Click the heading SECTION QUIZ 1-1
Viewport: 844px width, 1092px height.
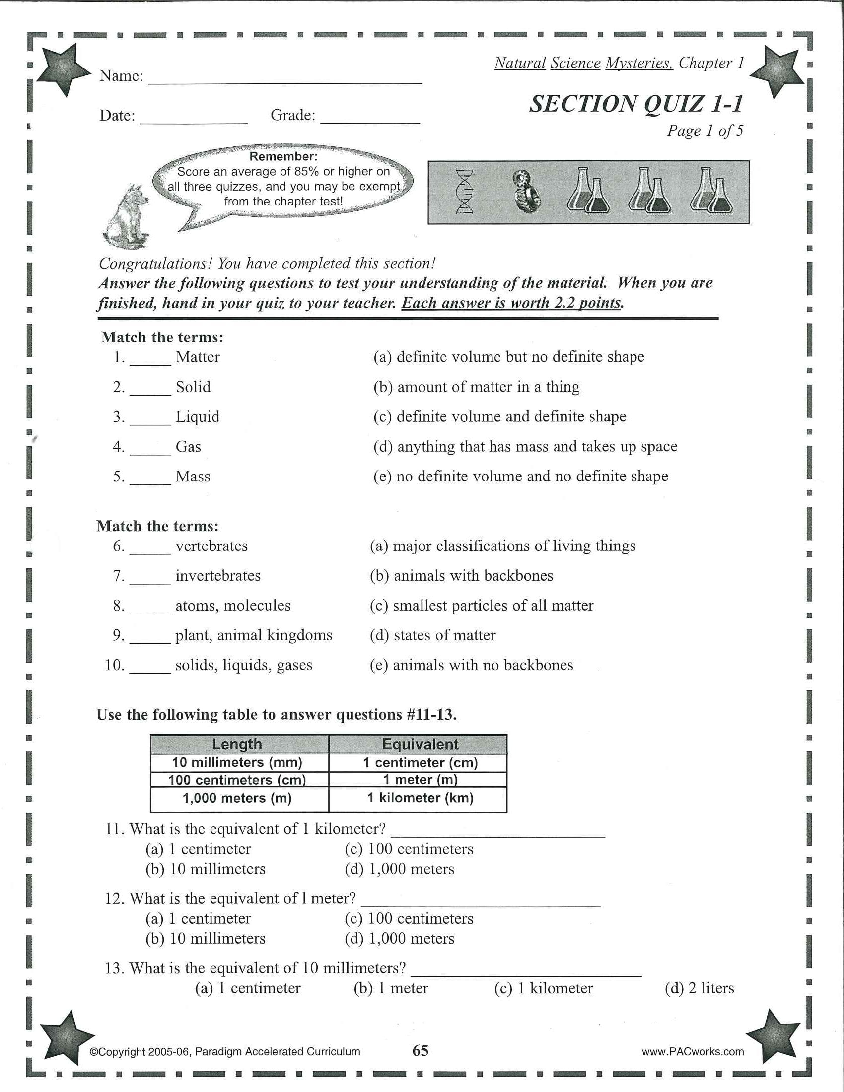coord(636,104)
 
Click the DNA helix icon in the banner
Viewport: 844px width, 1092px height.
coord(464,192)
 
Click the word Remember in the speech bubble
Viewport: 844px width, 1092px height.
coord(283,156)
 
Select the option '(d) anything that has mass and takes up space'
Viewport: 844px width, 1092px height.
coord(525,447)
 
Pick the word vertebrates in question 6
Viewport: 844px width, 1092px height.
coord(211,546)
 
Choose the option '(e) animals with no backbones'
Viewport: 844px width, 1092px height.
coord(471,665)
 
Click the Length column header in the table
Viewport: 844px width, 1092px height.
coord(237,744)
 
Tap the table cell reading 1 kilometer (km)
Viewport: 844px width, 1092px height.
coord(420,798)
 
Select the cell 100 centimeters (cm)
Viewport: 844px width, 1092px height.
coord(237,780)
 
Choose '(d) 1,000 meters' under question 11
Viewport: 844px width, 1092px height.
coord(399,869)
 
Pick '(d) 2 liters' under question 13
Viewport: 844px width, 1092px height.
coord(699,988)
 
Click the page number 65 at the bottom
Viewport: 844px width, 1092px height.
coord(420,1050)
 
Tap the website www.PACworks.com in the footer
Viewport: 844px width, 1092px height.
coord(693,1051)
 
